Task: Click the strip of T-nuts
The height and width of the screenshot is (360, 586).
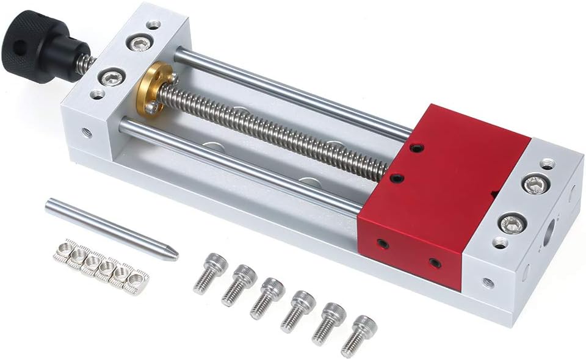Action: click(101, 266)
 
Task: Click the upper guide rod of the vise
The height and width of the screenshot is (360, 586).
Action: click(293, 92)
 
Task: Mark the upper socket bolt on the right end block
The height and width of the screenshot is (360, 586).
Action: click(536, 183)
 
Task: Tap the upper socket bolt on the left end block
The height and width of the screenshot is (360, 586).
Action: click(140, 42)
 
